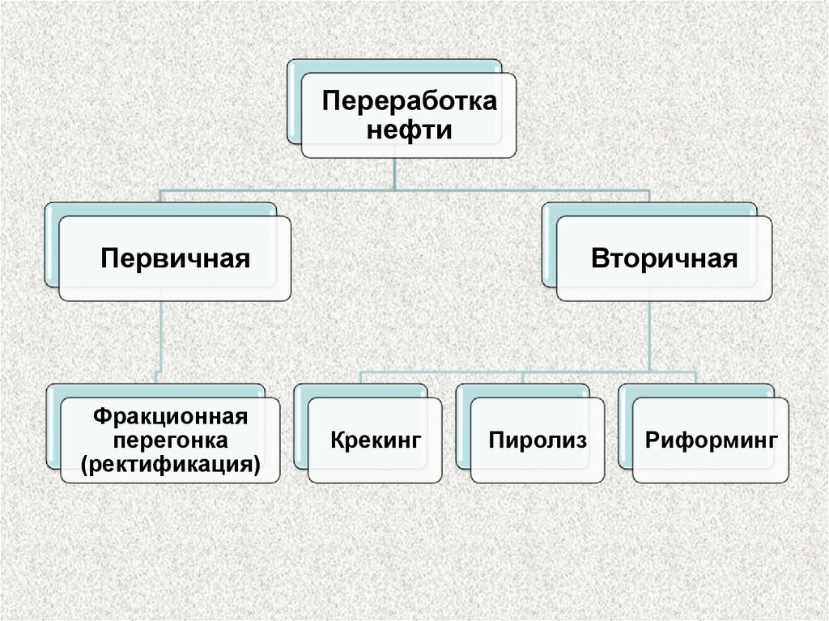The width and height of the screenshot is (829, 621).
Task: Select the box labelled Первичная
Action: tap(174, 259)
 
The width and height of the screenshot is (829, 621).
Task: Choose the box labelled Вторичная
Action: tap(664, 259)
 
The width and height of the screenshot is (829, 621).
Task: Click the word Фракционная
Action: tap(169, 419)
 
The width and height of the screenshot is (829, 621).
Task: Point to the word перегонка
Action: tap(170, 442)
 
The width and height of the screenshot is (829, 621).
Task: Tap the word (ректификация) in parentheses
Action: tap(170, 466)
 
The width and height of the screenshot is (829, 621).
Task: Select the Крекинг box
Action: tap(376, 441)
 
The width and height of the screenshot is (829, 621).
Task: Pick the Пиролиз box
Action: tap(538, 441)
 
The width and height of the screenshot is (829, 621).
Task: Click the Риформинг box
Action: tap(711, 441)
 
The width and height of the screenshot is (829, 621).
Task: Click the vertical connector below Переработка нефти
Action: tap(394, 174)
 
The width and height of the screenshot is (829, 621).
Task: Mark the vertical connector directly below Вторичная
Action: tap(649, 336)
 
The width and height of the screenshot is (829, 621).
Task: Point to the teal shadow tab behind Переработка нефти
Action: tap(294, 101)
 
